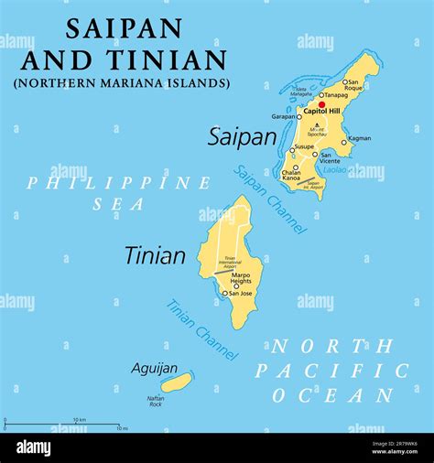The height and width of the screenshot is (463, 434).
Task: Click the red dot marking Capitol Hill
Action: point(321,104)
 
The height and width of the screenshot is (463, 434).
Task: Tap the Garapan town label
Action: point(282,116)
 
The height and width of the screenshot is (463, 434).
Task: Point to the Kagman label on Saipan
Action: point(360,138)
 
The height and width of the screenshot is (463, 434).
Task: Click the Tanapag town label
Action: point(334,94)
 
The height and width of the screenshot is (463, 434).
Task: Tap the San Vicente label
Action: point(332,158)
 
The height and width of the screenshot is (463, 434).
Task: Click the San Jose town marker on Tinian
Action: point(224,294)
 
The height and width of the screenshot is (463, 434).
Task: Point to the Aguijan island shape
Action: point(176,382)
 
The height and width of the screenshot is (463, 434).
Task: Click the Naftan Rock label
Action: point(156,400)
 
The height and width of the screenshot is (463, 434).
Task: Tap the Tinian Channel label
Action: point(202,328)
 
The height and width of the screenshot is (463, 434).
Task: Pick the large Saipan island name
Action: point(242,137)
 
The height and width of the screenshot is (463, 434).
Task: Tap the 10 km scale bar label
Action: point(80,420)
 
